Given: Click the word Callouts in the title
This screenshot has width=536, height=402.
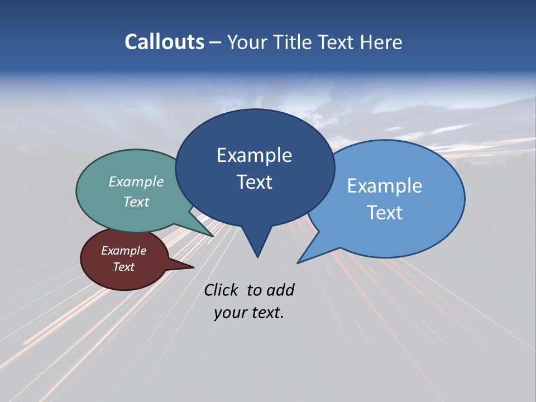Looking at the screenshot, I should click(x=164, y=42).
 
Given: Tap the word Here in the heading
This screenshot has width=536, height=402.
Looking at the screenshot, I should click(x=381, y=42).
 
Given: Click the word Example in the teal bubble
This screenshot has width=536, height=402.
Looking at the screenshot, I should click(x=136, y=181).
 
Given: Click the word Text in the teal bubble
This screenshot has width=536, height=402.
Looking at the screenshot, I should click(x=136, y=202).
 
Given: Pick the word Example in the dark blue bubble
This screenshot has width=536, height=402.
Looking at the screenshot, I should click(x=254, y=155).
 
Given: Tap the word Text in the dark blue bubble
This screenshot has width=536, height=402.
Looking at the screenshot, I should click(x=254, y=181).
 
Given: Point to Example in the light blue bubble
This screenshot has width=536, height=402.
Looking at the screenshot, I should click(x=384, y=185).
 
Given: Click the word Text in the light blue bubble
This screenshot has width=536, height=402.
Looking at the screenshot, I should click(x=385, y=212).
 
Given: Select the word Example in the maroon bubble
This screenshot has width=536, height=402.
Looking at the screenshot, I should click(x=123, y=251).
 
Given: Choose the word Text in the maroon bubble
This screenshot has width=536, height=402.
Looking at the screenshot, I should click(x=123, y=267).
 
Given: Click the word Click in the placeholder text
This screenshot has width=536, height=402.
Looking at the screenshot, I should click(x=221, y=290).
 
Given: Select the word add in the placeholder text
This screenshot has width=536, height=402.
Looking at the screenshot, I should click(x=280, y=290).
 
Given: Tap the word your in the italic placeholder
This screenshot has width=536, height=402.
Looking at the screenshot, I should click(x=228, y=313).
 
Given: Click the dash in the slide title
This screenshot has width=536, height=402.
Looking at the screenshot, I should click(x=216, y=42).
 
